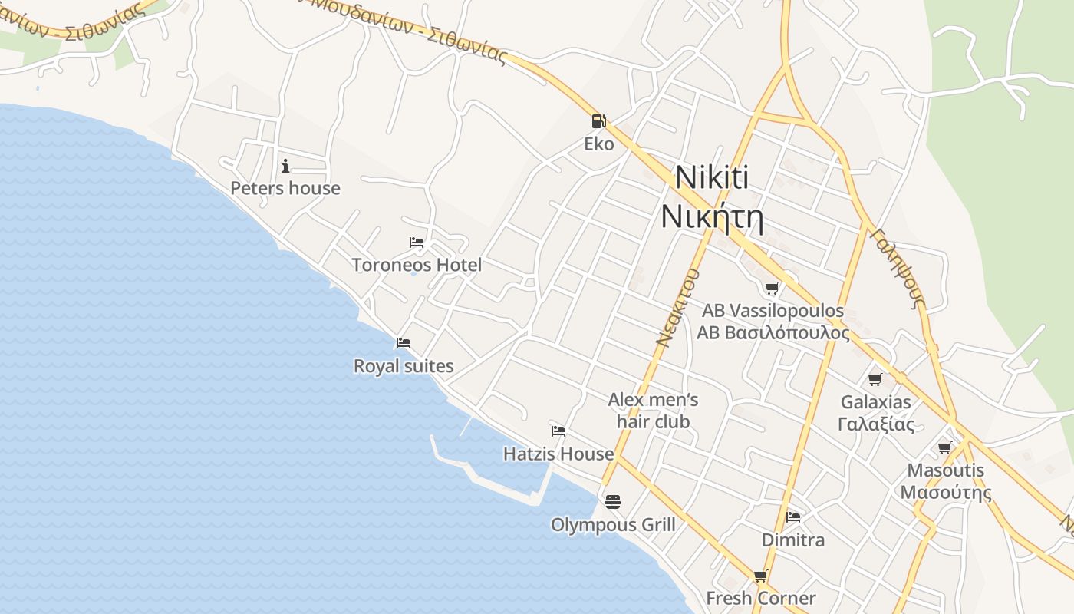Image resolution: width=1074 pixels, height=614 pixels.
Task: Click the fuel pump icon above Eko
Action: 598,120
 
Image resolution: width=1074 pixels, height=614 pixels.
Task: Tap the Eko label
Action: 599,144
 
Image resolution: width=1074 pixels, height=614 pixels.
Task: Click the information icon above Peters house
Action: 285,165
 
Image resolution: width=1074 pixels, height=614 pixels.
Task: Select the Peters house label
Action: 285,188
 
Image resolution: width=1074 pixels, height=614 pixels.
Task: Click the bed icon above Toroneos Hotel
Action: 417,243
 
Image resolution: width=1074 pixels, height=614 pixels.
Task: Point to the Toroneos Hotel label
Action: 417,265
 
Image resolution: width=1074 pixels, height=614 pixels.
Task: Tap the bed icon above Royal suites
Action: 404,342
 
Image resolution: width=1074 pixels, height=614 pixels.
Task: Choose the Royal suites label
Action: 404,366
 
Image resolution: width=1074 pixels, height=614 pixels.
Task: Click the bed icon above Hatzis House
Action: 558,431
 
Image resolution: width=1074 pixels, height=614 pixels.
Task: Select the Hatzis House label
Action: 558,454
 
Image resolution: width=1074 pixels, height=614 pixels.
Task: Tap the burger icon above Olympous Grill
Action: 612,501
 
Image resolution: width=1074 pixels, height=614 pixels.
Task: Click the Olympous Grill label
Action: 613,525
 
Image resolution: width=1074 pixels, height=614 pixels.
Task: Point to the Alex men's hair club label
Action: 653,411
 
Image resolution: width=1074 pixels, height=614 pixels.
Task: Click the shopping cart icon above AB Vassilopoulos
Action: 773,288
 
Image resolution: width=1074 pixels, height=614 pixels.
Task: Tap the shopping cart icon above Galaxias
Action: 875,379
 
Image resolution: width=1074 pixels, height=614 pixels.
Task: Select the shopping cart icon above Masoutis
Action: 945,447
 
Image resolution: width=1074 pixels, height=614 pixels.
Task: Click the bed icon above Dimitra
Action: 793,517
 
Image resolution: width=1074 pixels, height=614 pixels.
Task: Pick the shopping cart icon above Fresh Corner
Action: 760,576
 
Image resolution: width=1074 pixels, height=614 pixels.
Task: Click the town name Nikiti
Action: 711,178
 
